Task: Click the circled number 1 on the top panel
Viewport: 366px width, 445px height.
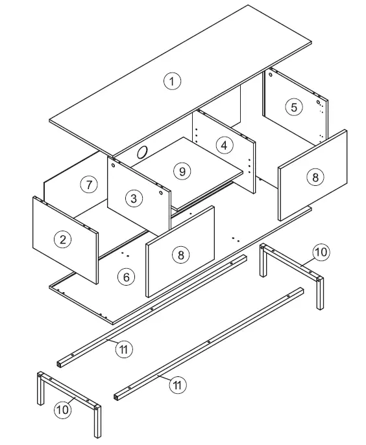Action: coord(171,81)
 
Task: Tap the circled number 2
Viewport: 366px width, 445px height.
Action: coord(62,240)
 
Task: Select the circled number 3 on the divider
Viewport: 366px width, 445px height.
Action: coord(133,198)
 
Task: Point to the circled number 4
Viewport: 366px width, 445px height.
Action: coord(224,144)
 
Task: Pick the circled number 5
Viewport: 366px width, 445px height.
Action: coord(294,107)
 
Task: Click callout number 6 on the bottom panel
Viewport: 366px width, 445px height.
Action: coord(127,277)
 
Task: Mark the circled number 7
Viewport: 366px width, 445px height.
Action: coord(89,185)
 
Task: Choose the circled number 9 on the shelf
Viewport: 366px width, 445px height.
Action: coord(182,171)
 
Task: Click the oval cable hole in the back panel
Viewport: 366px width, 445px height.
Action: coord(142,153)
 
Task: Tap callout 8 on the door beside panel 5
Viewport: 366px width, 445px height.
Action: coord(313,177)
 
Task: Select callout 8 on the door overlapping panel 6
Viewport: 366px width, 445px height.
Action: coord(181,255)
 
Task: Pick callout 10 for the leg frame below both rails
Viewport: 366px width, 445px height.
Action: coord(62,409)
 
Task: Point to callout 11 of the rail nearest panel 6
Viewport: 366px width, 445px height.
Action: coord(125,349)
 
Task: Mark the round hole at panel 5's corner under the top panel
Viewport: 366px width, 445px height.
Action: coord(319,101)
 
